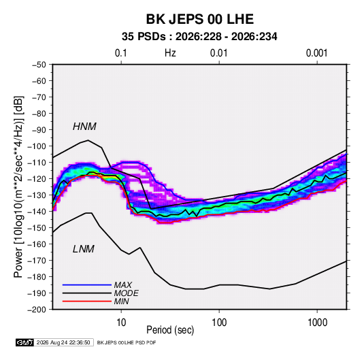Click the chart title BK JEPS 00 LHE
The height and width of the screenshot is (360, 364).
tap(199, 19)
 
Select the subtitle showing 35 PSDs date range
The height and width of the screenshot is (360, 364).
tap(199, 37)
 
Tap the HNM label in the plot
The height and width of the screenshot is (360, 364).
tap(84, 127)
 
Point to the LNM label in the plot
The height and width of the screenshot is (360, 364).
tap(84, 249)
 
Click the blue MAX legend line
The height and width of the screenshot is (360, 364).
tap(87, 284)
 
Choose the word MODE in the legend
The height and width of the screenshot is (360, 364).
tap(127, 293)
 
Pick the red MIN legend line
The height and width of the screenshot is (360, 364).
tap(87, 301)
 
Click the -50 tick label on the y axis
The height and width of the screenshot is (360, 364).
tap(39, 65)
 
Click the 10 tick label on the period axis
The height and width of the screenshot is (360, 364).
tap(121, 323)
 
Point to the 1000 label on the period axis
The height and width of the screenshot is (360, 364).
tap(317, 323)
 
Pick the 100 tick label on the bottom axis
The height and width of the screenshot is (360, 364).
tap(219, 323)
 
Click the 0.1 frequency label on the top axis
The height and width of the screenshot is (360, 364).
tap(121, 53)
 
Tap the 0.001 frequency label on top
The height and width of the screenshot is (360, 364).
tap(317, 53)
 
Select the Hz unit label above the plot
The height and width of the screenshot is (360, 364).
tap(170, 53)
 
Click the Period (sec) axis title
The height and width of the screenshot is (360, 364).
tap(170, 330)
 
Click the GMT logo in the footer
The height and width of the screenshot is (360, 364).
tap(24, 342)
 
